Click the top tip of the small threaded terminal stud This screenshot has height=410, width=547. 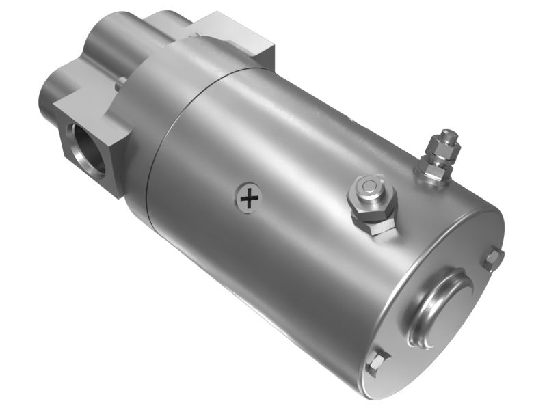point(449,132)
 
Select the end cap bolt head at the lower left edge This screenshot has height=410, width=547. point(377,361)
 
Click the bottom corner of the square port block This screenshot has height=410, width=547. point(122,195)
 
